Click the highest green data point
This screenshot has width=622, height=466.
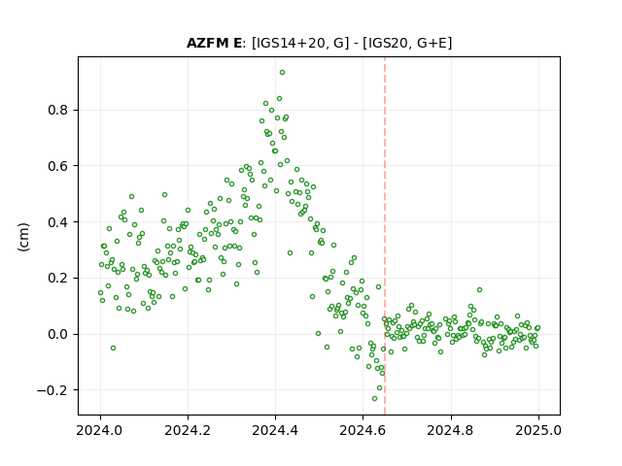coord(282,73)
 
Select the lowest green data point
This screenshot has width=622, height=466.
coord(374,399)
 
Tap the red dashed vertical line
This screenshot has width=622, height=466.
coord(385,236)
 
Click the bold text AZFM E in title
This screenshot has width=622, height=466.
coord(214,43)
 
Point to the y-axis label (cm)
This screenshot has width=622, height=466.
coord(23,237)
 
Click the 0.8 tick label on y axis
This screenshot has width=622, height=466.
coord(58,110)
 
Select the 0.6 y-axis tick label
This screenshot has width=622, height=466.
coord(58,166)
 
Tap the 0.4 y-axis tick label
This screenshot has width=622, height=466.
coord(58,222)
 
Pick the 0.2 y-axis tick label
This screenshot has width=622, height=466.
coord(58,279)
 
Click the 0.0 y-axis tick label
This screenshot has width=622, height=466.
coord(58,334)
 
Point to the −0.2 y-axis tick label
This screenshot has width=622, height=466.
coord(52,390)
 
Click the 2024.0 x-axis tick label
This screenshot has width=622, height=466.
coord(100,430)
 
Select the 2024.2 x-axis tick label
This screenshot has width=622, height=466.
coord(188,430)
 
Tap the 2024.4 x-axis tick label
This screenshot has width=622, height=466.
coord(275,430)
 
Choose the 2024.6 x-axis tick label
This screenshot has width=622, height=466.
coord(363,430)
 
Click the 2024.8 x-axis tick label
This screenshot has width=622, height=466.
coord(451,430)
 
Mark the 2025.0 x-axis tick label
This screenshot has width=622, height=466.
coord(538,430)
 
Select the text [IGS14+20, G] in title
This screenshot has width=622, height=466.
coord(300,43)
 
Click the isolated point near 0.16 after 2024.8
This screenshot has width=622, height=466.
coord(479,290)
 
